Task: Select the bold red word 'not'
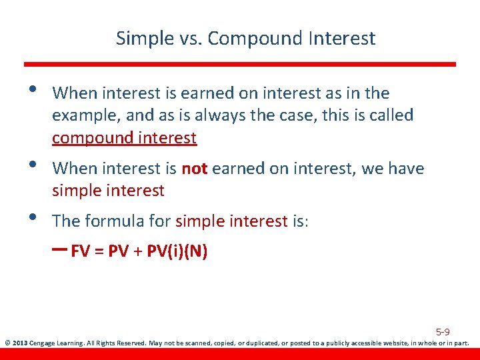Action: [195, 169]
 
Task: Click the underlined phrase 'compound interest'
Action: [124, 138]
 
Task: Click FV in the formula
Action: [80, 251]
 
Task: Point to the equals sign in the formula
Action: [99, 252]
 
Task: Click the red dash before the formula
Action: [59, 250]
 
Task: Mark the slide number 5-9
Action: [443, 331]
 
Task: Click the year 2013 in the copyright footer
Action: [19, 344]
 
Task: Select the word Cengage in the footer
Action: [43, 344]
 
